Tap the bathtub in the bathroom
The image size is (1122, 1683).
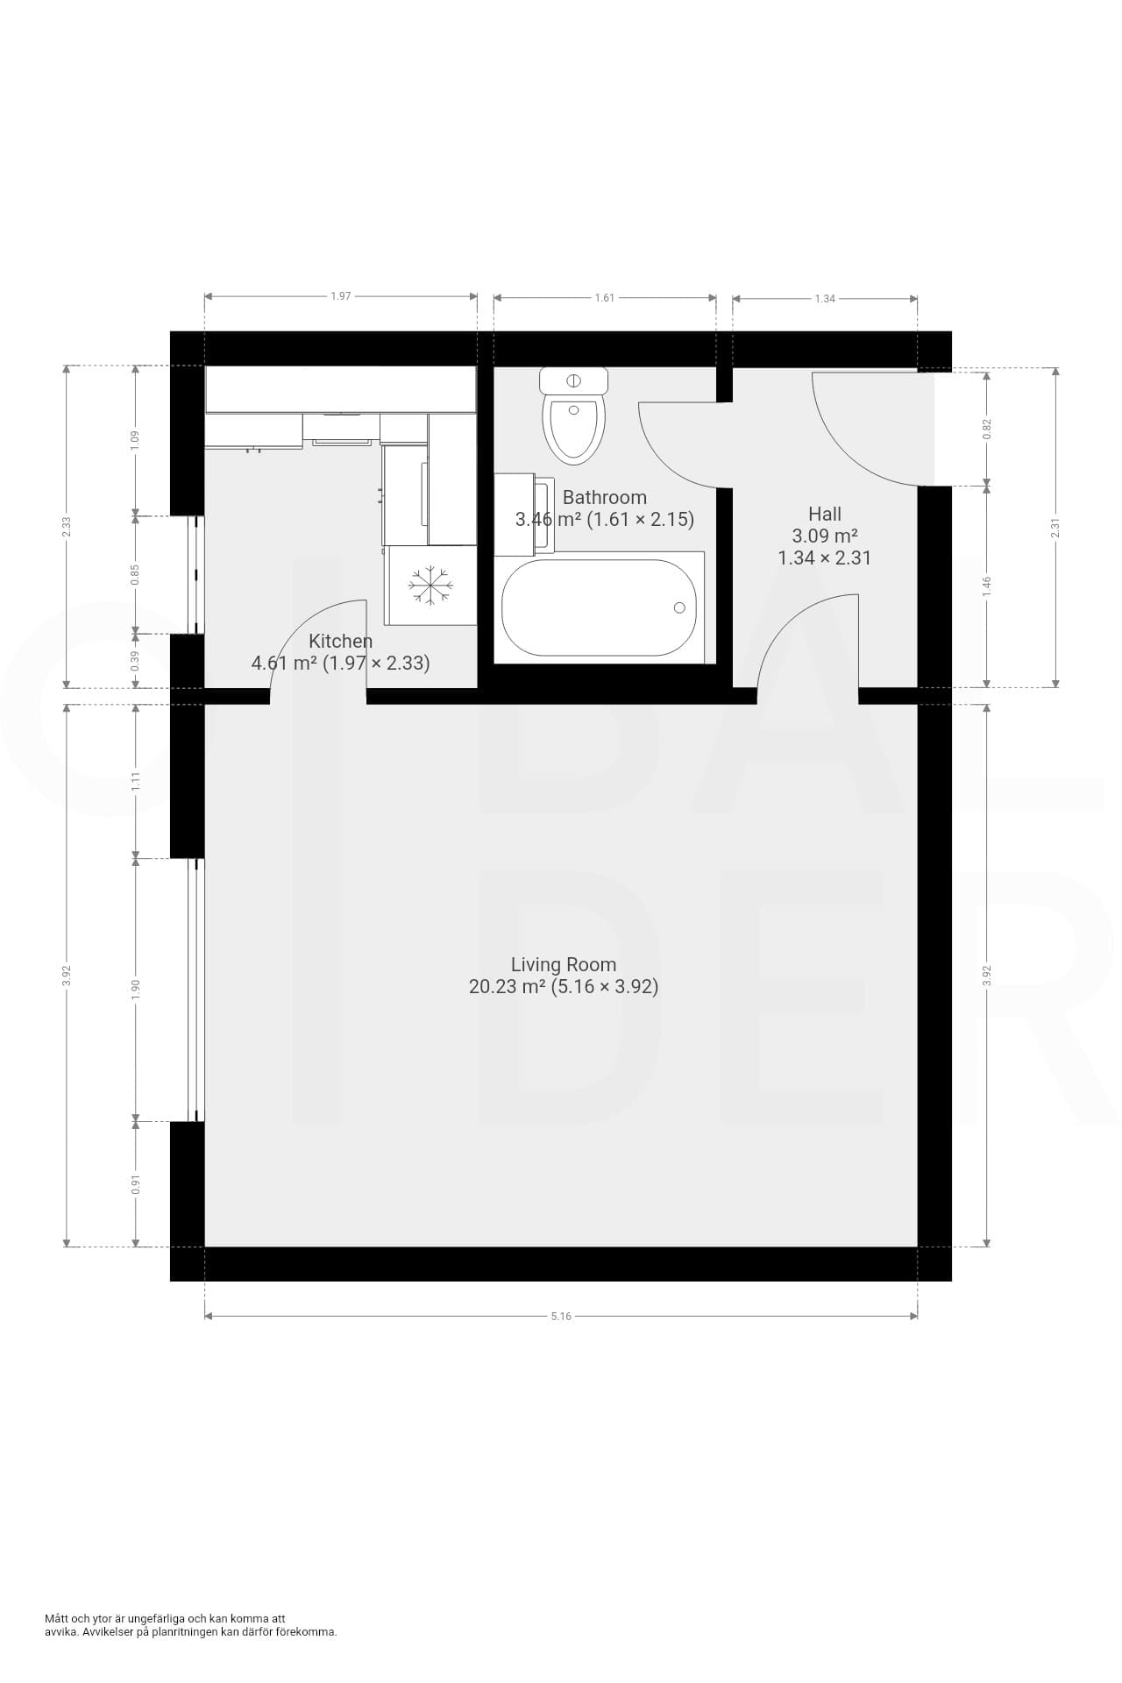pyautogui.click(x=600, y=607)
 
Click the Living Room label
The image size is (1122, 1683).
pyautogui.click(x=564, y=964)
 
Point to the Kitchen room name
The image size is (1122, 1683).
pyautogui.click(x=340, y=641)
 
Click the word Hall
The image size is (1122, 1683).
pyautogui.click(x=825, y=514)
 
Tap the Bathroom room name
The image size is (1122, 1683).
pyautogui.click(x=605, y=497)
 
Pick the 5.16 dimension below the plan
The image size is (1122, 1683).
pyautogui.click(x=561, y=1316)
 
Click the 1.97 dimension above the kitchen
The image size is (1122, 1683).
pyautogui.click(x=341, y=296)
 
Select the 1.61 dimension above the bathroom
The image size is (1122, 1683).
pyautogui.click(x=605, y=298)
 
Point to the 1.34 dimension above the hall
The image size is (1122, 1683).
pyautogui.click(x=825, y=299)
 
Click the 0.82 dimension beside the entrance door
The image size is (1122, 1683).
pyautogui.click(x=987, y=428)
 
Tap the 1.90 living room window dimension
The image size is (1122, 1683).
pyautogui.click(x=135, y=989)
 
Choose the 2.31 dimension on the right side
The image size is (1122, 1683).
pyautogui.click(x=1055, y=528)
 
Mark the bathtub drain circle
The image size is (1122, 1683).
pyautogui.click(x=679, y=607)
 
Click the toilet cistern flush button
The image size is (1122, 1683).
pyautogui.click(x=574, y=381)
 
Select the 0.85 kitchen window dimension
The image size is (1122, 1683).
pyautogui.click(x=135, y=574)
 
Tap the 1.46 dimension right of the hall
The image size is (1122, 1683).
pyautogui.click(x=987, y=585)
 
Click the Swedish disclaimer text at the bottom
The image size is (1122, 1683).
pyautogui.click(x=191, y=1625)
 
